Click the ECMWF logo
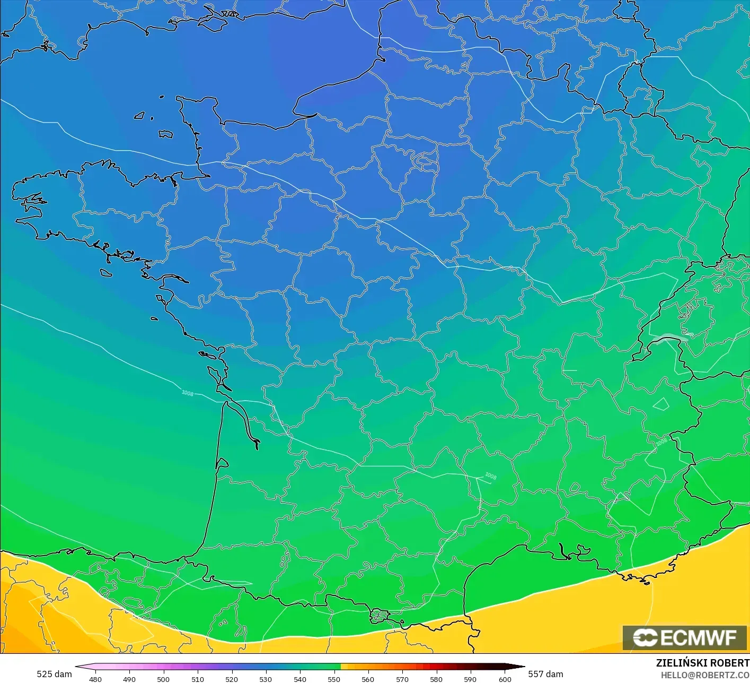(684, 637)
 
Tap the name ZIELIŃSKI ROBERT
(702, 663)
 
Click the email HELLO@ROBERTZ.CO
(705, 675)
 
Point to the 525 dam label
(54, 674)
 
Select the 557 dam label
(545, 674)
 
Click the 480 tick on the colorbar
(95, 679)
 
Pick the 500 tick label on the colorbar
(163, 679)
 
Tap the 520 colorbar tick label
(232, 679)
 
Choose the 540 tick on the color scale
(300, 679)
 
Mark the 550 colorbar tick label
(334, 679)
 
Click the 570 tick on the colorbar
(402, 679)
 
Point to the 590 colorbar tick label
(470, 679)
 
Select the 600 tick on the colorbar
(505, 679)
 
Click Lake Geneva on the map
(670, 338)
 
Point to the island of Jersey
(165, 134)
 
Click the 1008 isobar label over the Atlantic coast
(188, 393)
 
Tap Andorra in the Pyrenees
(380, 616)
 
